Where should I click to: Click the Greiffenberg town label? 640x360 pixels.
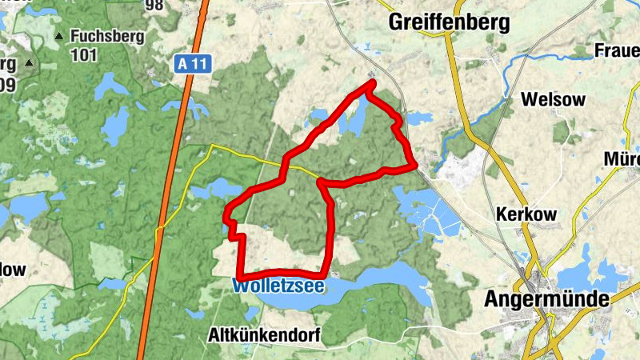tap(449, 23)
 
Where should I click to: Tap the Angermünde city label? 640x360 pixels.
tap(546, 299)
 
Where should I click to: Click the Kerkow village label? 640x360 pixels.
tap(526, 214)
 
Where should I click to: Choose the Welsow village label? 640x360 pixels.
tap(553, 100)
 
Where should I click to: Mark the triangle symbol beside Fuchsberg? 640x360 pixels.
tap(58, 37)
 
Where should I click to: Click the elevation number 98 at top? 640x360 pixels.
tap(154, 6)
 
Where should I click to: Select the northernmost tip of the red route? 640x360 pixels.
tap(371, 82)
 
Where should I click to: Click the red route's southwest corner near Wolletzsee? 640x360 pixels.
tap(240, 278)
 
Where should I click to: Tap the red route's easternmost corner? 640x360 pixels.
tap(414, 166)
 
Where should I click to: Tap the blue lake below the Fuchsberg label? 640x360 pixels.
tap(115, 124)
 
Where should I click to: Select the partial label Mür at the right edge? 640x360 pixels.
tap(622, 158)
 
